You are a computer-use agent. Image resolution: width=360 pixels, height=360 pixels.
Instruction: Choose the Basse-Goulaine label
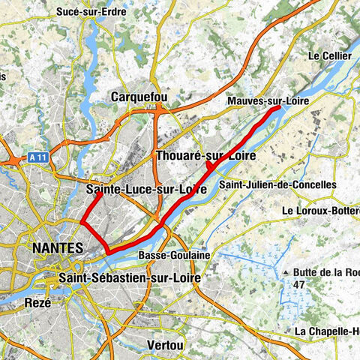click(174, 256)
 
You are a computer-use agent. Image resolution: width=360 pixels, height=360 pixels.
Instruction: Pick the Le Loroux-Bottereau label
click(321, 211)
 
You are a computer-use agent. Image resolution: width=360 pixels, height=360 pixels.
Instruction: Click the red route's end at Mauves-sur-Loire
click(280, 107)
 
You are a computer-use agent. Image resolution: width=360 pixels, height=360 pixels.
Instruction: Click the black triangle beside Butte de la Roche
click(285, 271)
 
